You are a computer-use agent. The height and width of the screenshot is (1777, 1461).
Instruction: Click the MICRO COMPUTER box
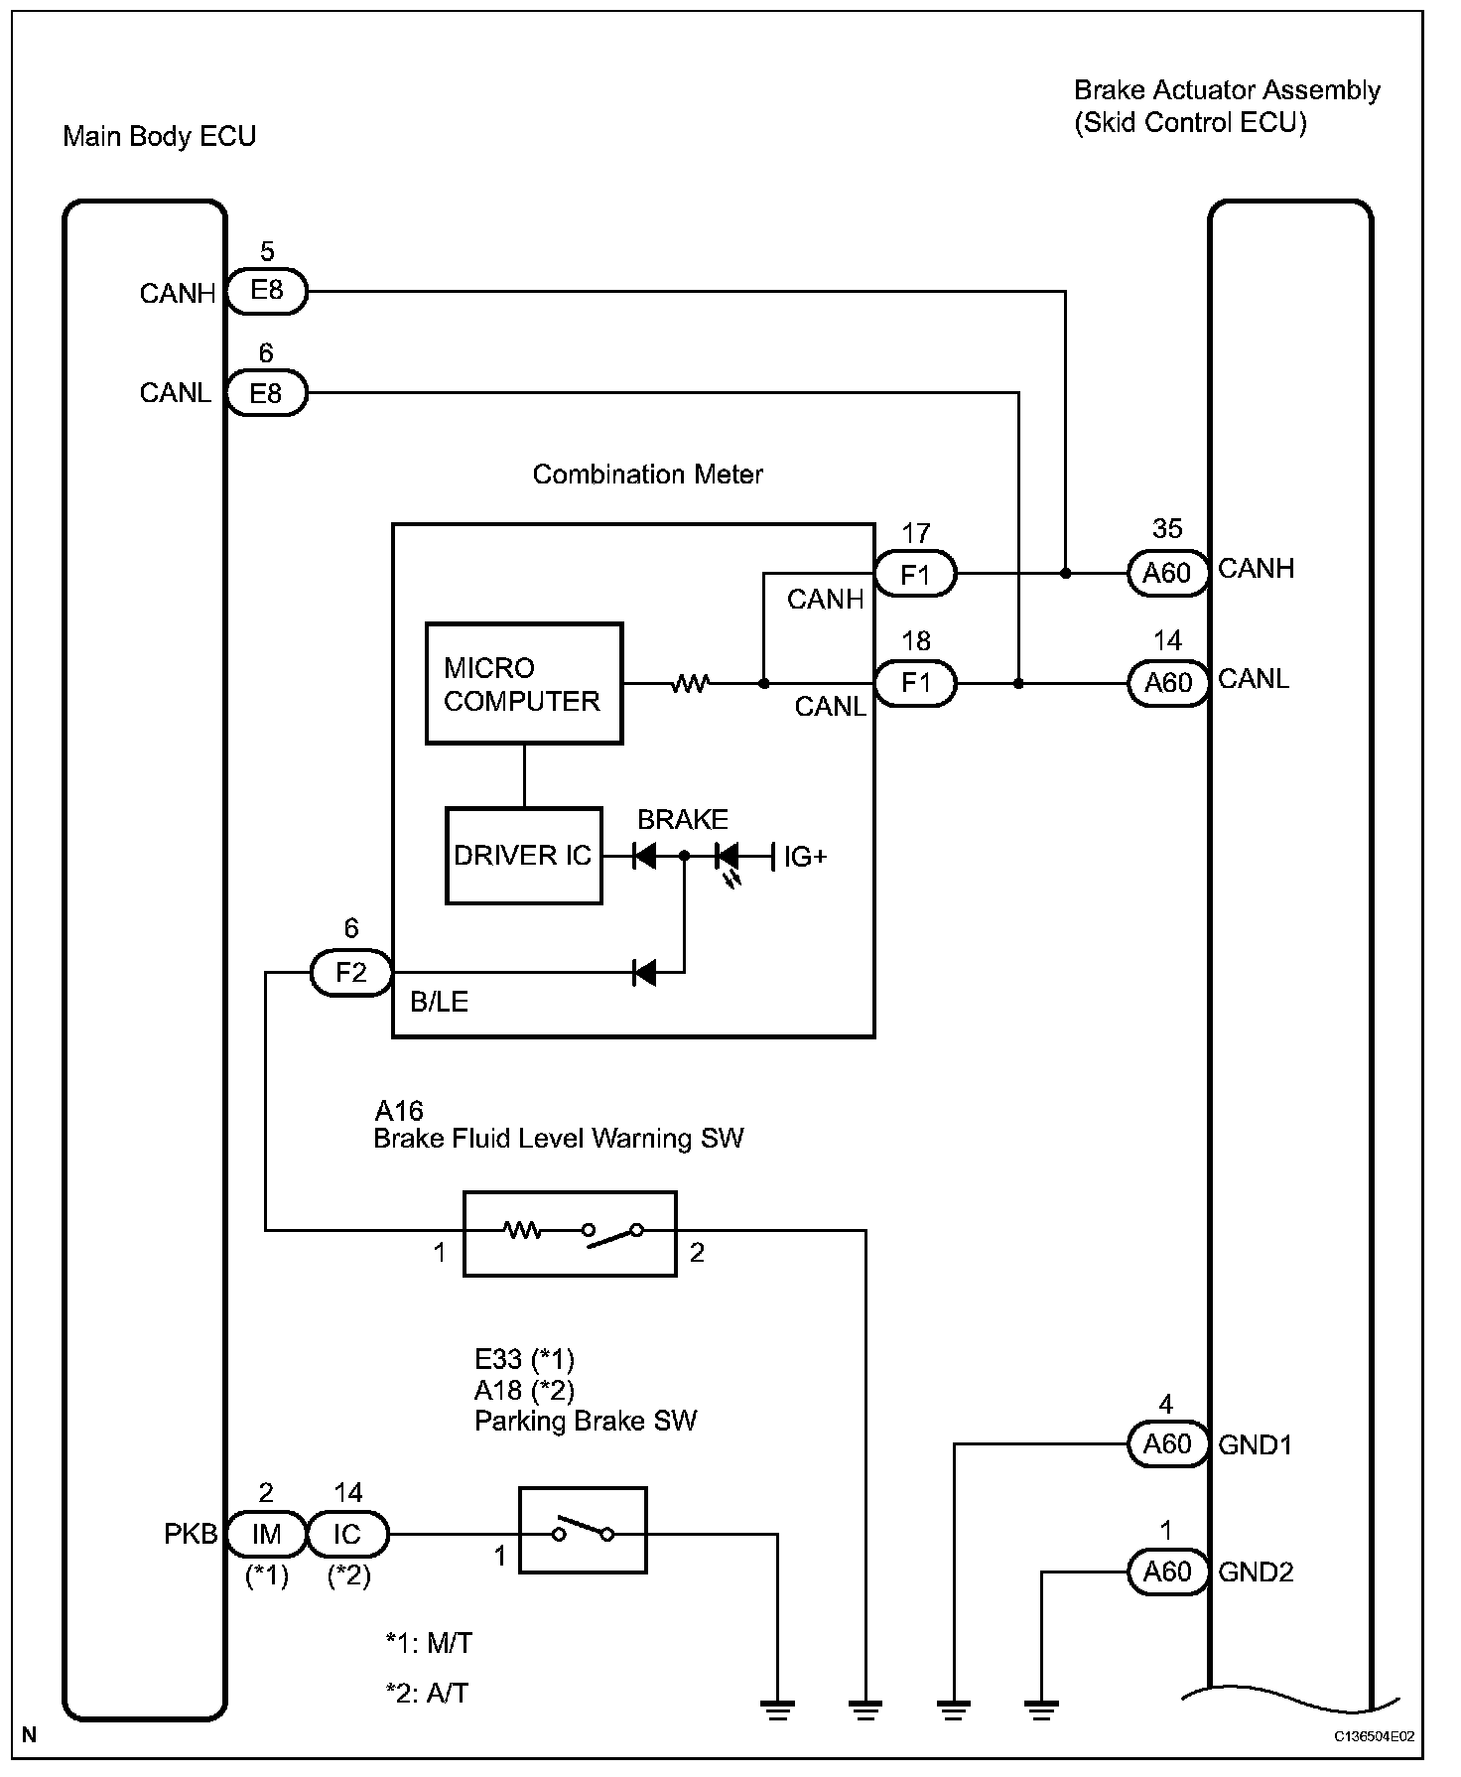pyautogui.click(x=524, y=683)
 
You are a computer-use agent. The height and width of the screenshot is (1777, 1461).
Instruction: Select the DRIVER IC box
pyautogui.click(x=524, y=855)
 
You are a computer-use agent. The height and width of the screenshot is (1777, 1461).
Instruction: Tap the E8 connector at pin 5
pyautogui.click(x=267, y=291)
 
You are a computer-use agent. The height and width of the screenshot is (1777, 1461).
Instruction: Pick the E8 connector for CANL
pyautogui.click(x=267, y=394)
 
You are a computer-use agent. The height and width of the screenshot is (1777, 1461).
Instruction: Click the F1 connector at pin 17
pyautogui.click(x=915, y=574)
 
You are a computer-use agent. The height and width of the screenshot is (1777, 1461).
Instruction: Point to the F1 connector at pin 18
pyautogui.click(x=915, y=683)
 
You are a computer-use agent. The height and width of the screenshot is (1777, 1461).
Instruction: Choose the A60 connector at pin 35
pyautogui.click(x=1167, y=574)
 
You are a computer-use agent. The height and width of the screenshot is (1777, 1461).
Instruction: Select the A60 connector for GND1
pyautogui.click(x=1167, y=1443)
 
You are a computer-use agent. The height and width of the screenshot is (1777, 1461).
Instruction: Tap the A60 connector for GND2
pyautogui.click(x=1167, y=1572)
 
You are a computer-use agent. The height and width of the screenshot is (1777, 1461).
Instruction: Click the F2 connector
pyautogui.click(x=351, y=972)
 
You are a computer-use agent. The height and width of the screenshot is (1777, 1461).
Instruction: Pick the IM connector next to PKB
pyautogui.click(x=267, y=1535)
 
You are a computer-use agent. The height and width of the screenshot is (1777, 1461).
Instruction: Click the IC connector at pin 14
pyautogui.click(x=347, y=1535)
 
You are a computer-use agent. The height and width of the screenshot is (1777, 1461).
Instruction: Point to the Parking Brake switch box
pyautogui.click(x=583, y=1530)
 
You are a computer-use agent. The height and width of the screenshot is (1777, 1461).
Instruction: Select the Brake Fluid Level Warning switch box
pyautogui.click(x=570, y=1233)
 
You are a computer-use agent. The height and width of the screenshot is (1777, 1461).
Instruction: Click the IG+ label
pyautogui.click(x=805, y=857)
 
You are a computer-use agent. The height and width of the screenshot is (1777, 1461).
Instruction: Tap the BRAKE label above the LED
pyautogui.click(x=683, y=820)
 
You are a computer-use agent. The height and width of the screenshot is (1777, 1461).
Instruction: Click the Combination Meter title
pyautogui.click(x=647, y=475)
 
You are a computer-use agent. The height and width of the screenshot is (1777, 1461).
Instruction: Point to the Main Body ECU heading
pyautogui.click(x=159, y=136)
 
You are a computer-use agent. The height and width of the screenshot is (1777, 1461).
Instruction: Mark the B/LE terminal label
pyautogui.click(x=439, y=1002)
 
